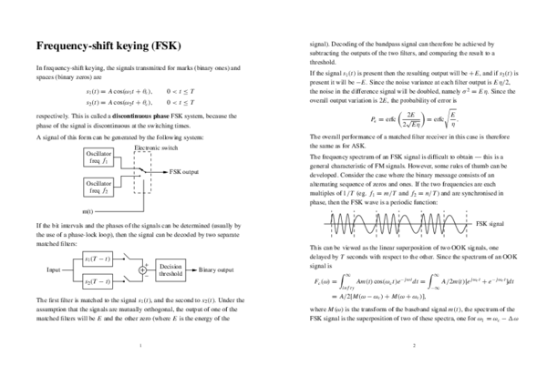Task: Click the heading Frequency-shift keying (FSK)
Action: (x=113, y=46)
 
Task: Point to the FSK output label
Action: (x=184, y=171)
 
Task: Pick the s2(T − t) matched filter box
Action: (x=99, y=282)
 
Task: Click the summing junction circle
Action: (x=144, y=270)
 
